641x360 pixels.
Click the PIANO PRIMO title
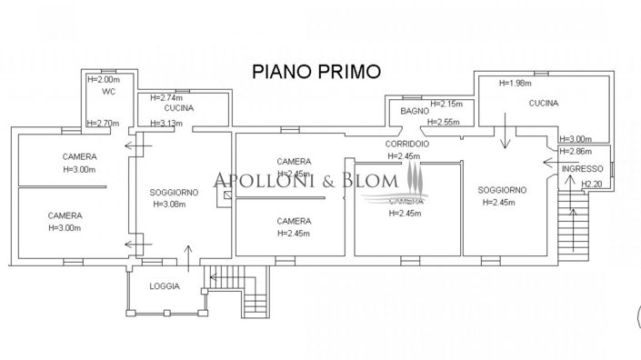coord(315,70)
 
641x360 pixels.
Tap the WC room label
coord(107,91)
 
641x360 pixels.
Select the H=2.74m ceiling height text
coord(166,97)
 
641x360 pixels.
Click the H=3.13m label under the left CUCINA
coord(166,124)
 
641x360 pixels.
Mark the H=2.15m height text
coord(446,104)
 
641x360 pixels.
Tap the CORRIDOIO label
coord(406,145)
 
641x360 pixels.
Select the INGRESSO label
coord(583,170)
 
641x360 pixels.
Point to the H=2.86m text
coord(575,151)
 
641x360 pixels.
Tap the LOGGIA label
coord(165,286)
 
